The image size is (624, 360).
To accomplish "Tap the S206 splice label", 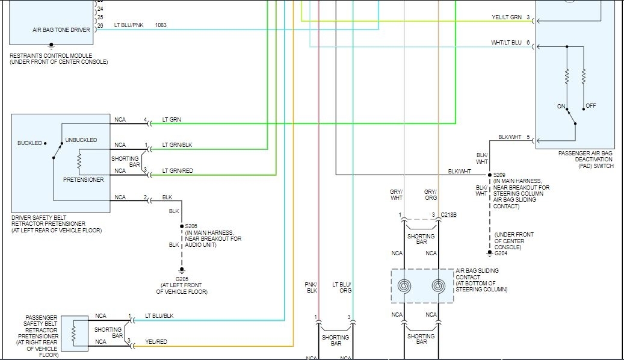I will [191, 226].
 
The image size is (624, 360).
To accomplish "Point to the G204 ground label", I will [501, 253].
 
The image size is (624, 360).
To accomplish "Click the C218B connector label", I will [448, 215].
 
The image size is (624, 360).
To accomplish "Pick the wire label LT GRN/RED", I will [178, 171].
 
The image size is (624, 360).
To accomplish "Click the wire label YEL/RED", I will [156, 341].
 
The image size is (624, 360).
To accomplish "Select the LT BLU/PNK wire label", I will [129, 25].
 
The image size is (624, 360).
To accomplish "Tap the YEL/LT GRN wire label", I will [507, 17].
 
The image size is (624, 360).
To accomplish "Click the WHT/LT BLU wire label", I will [507, 43].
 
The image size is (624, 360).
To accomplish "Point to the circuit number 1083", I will [161, 25].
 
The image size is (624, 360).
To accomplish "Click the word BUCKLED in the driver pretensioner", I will [30, 143].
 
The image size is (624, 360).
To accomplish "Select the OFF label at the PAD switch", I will [590, 106].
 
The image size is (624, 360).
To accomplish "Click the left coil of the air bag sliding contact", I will [404, 287].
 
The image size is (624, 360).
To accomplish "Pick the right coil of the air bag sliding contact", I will [439, 287].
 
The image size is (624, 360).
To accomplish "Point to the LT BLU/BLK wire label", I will [159, 316].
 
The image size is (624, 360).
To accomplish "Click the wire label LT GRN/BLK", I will [178, 145].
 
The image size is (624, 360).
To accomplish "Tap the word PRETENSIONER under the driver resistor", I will [83, 179].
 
